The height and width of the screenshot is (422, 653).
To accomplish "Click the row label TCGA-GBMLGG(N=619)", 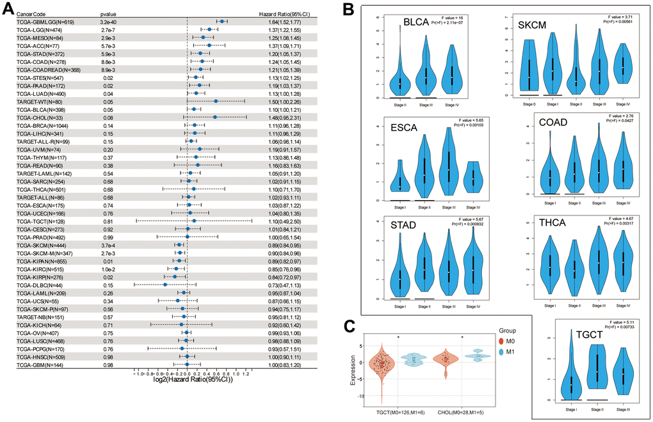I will [41, 21].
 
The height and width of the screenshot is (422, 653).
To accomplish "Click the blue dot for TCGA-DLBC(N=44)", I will [165, 285].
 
